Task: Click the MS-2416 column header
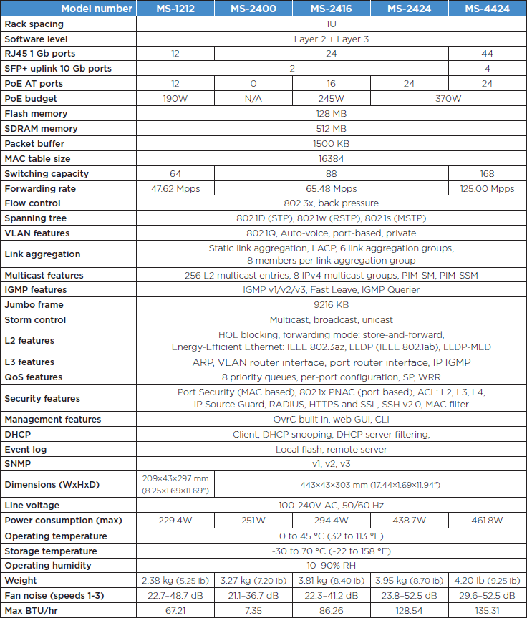pyautogui.click(x=332, y=9)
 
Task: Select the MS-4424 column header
pyautogui.click(x=488, y=9)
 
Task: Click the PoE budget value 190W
pyautogui.click(x=175, y=98)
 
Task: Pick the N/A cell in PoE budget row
pyautogui.click(x=253, y=98)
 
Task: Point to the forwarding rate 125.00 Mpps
pyautogui.click(x=488, y=189)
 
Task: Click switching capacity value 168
pyautogui.click(x=488, y=174)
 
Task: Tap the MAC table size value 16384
pyautogui.click(x=331, y=159)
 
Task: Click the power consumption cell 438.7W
pyautogui.click(x=410, y=521)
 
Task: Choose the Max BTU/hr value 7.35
pyautogui.click(x=253, y=611)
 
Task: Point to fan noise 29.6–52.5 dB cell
pyautogui.click(x=488, y=596)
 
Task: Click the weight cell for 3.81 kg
pyautogui.click(x=332, y=581)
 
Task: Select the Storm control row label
pyautogui.click(x=35, y=320)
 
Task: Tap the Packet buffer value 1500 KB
pyautogui.click(x=331, y=144)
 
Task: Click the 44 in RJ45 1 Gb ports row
pyautogui.click(x=488, y=54)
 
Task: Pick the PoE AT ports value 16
pyautogui.click(x=332, y=83)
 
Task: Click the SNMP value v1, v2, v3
pyautogui.click(x=331, y=464)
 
